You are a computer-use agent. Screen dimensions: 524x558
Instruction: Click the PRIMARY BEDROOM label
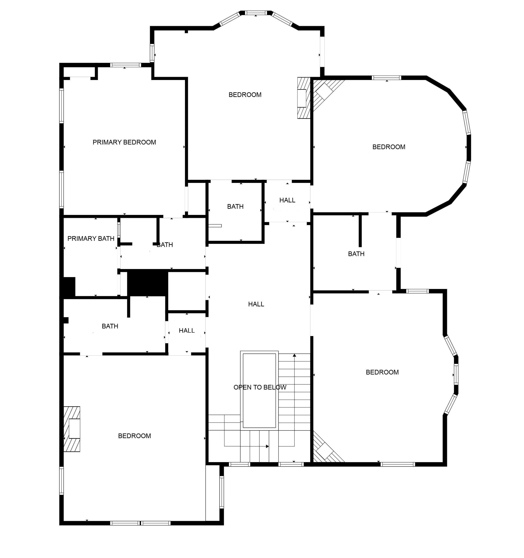point(124,142)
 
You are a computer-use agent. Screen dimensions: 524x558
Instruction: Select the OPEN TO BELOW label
point(260,387)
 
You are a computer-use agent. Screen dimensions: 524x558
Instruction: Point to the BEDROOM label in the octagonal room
point(389,147)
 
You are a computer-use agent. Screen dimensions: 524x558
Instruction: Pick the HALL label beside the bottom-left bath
point(187,331)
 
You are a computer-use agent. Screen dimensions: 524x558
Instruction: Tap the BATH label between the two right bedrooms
point(356,254)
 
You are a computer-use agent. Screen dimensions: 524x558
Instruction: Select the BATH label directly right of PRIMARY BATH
point(165,245)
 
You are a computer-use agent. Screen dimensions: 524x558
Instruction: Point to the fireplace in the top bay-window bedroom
point(304,98)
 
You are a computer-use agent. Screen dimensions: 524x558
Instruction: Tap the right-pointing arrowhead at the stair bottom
point(267,446)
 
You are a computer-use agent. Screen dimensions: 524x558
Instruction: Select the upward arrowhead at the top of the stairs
point(294,355)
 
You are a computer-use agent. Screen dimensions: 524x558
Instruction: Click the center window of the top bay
point(256,13)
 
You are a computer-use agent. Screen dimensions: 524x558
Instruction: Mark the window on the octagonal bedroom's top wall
point(386,78)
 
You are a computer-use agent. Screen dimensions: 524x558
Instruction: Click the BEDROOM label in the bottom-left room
point(134,436)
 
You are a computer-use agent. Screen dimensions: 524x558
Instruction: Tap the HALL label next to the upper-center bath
point(287,200)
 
